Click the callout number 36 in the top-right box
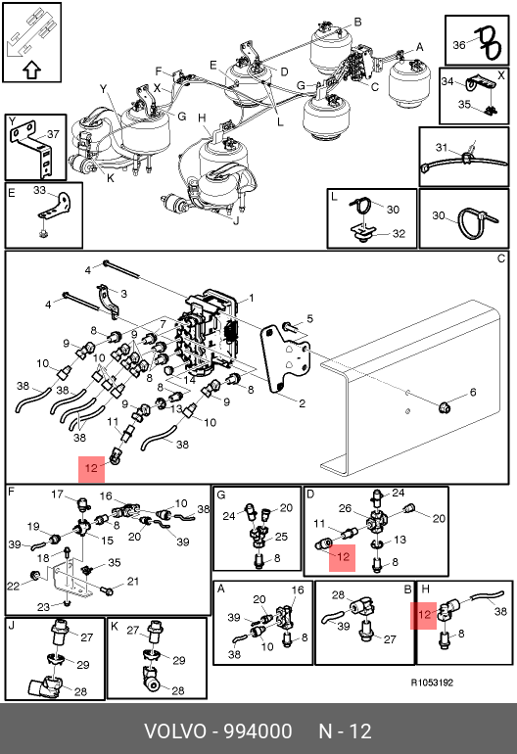pyautogui.click(x=459, y=45)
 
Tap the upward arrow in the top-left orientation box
pyautogui.click(x=31, y=70)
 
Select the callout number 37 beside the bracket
pyautogui.click(x=53, y=134)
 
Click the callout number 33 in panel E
pyautogui.click(x=39, y=190)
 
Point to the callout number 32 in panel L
pyautogui.click(x=399, y=234)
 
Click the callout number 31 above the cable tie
pyautogui.click(x=442, y=147)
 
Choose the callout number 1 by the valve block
pyautogui.click(x=251, y=299)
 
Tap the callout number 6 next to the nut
pyautogui.click(x=473, y=393)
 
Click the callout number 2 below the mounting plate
pyautogui.click(x=302, y=403)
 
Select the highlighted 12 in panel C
pyautogui.click(x=91, y=468)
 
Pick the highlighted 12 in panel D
pyautogui.click(x=343, y=557)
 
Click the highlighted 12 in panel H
pyautogui.click(x=424, y=615)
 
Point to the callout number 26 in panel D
pyautogui.click(x=346, y=509)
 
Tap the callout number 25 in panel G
pyautogui.click(x=281, y=537)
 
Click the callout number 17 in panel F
pyautogui.click(x=57, y=495)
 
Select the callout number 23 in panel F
pyautogui.click(x=43, y=607)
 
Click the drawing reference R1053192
pyautogui.click(x=432, y=683)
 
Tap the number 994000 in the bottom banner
pyautogui.click(x=258, y=731)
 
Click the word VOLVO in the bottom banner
pyautogui.click(x=175, y=731)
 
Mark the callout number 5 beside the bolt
pyautogui.click(x=309, y=318)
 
